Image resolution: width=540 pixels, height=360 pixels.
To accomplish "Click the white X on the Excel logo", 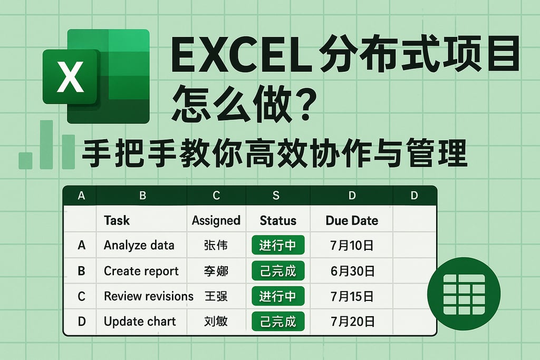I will point(70,77).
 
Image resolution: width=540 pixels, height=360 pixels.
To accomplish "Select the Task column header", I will point(117,220).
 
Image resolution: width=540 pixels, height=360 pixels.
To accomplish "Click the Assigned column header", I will point(216,220).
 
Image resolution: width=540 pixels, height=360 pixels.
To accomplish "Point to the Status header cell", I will point(278,220).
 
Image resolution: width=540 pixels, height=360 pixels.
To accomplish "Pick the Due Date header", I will point(352,220).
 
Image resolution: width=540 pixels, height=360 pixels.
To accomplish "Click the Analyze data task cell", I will point(139,245).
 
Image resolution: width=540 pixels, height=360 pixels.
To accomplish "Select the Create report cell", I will point(141,271).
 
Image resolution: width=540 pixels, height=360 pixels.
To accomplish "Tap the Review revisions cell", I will point(148,296).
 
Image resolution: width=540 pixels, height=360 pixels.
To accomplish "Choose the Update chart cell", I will point(140,322).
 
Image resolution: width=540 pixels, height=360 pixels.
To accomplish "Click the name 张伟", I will point(216,245).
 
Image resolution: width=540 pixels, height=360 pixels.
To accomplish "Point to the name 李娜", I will point(216,271).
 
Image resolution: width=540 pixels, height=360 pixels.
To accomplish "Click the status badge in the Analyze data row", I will point(278,245).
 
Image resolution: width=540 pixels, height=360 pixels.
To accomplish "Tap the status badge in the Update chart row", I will point(278,322).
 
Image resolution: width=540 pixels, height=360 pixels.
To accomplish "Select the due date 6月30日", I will point(352,271).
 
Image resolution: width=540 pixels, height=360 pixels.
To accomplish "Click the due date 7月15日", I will point(352,296).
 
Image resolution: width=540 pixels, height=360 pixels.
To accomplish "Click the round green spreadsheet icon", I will point(464,294).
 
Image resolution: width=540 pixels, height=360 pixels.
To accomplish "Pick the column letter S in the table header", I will point(276,196).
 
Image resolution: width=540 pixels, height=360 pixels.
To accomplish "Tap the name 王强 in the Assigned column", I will point(216,296).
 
